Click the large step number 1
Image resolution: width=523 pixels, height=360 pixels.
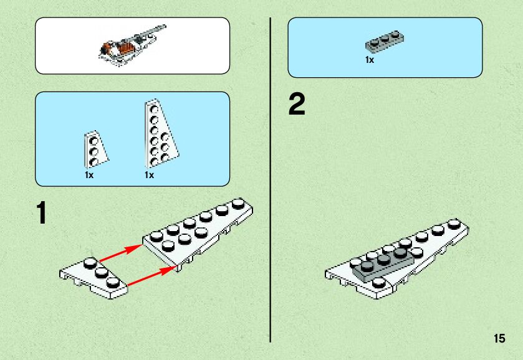pyautogui.click(x=41, y=213)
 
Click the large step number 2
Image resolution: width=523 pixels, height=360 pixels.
pyautogui.click(x=297, y=105)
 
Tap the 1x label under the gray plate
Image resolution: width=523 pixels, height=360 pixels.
pyautogui.click(x=370, y=60)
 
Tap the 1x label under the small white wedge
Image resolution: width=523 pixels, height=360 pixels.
pyautogui.click(x=89, y=176)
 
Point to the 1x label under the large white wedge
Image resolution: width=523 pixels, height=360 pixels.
pyautogui.click(x=149, y=176)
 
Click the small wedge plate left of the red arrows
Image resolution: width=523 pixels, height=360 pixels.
pyautogui.click(x=94, y=274)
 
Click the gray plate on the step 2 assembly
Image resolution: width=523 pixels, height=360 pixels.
pyautogui.click(x=382, y=262)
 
